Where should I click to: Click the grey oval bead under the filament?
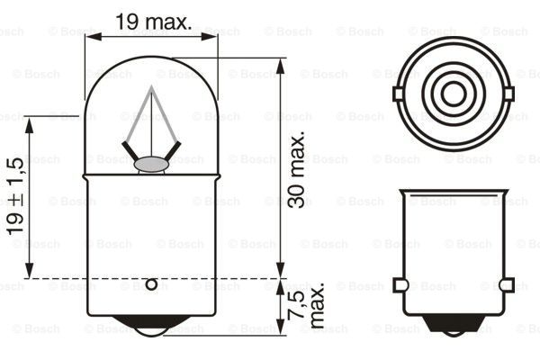pos(150,164)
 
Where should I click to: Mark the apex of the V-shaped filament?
pos(151,89)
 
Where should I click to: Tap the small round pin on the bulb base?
pos(151,285)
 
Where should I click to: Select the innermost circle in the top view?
pos(454,93)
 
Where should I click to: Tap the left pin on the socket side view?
pos(400,285)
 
